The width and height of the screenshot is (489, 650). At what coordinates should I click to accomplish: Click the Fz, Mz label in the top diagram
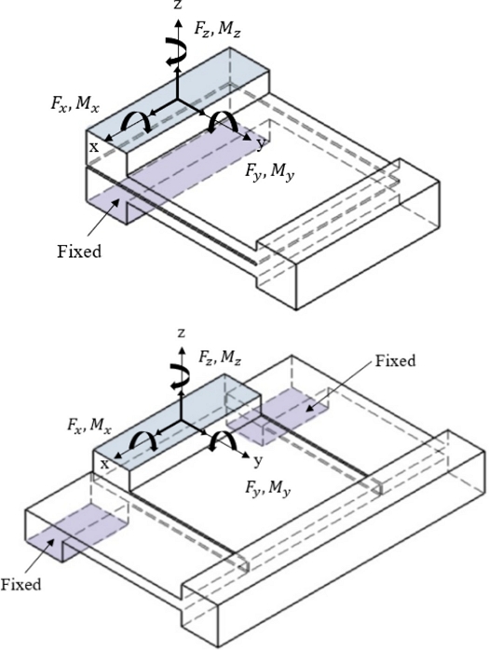(x=217, y=30)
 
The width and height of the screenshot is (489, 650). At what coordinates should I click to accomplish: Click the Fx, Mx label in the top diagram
(x=75, y=104)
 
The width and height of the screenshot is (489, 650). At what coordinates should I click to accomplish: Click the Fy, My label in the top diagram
(x=269, y=172)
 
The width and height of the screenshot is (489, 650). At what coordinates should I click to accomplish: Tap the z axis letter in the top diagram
(x=178, y=5)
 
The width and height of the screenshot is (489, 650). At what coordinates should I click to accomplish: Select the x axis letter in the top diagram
(x=94, y=147)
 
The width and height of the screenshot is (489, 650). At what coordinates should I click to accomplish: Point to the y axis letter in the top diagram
(x=260, y=143)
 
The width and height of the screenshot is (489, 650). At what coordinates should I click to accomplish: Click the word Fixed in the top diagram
(x=79, y=251)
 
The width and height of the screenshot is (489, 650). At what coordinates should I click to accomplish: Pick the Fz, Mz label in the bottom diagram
(x=220, y=358)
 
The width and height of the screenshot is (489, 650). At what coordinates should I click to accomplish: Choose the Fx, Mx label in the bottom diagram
(x=89, y=426)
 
